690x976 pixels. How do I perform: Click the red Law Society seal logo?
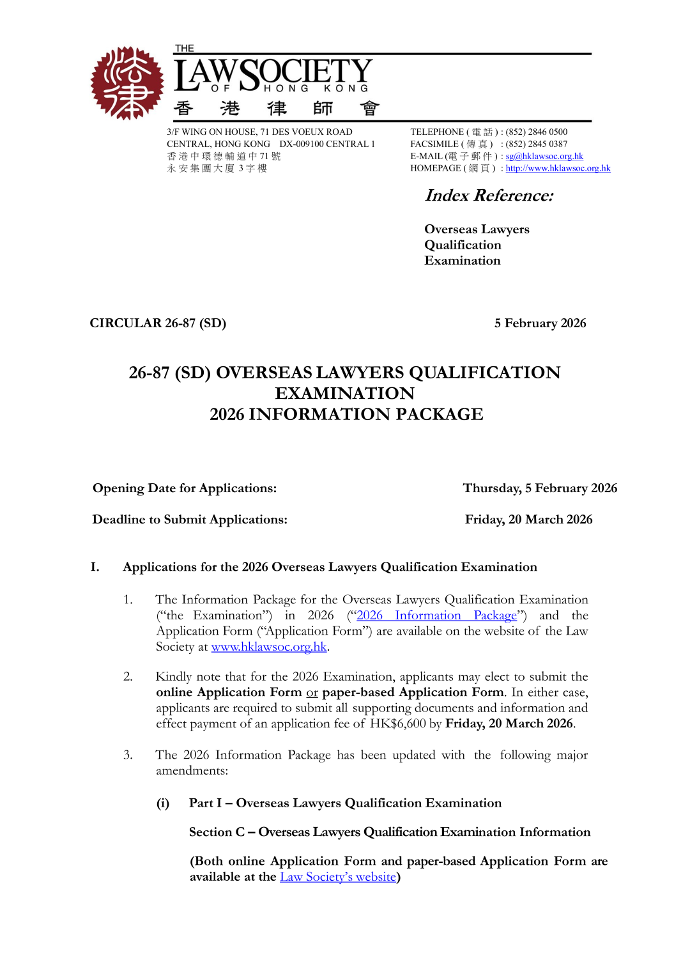click(127, 83)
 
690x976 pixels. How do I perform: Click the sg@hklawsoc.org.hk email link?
click(544, 156)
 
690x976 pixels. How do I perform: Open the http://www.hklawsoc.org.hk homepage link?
click(558, 168)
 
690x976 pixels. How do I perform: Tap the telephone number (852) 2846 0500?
click(536, 132)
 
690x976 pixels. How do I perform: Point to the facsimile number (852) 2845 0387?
click(536, 144)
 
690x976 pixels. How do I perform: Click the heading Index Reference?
click(489, 196)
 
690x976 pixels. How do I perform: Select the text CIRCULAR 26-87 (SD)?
click(158, 323)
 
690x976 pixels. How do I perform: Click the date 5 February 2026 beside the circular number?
click(540, 323)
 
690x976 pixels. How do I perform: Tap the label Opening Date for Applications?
click(185, 488)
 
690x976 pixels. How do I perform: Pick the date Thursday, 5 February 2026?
click(540, 488)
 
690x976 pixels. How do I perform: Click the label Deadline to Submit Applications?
click(190, 520)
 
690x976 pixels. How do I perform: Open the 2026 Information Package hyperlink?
click(436, 616)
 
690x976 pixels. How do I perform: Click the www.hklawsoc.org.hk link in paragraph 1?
click(269, 647)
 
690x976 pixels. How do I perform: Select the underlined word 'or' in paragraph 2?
click(312, 693)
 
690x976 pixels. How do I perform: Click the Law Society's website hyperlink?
click(338, 877)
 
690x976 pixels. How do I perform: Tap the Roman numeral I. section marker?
click(95, 567)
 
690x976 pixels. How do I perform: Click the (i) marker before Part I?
click(163, 803)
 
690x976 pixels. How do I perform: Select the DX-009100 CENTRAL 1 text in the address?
click(327, 144)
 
